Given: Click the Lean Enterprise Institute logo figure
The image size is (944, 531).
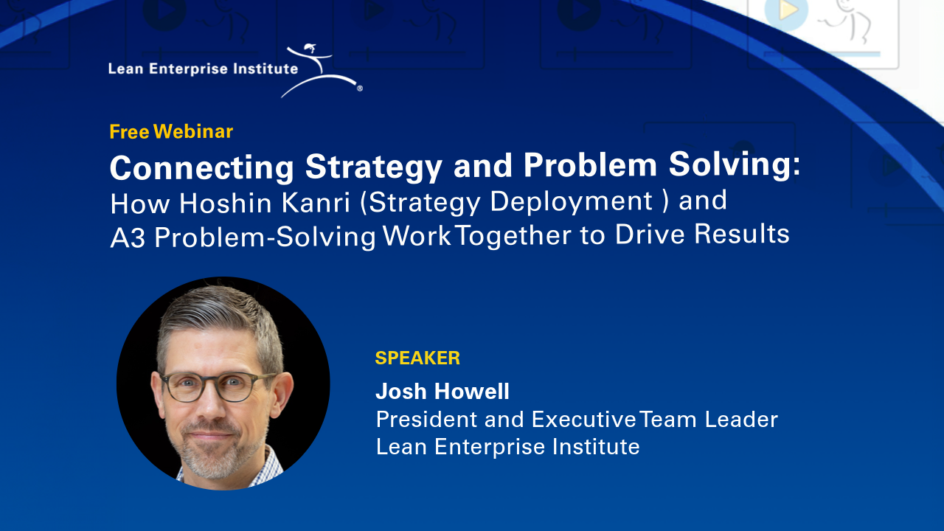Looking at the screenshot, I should pyautogui.click(x=323, y=71).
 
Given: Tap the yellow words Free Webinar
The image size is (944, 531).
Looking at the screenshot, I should pyautogui.click(x=171, y=132).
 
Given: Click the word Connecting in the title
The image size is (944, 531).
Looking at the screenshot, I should pyautogui.click(x=202, y=167).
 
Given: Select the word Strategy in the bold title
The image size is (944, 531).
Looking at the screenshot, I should pyautogui.click(x=374, y=167).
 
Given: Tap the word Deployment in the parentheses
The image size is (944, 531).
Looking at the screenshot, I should pyautogui.click(x=574, y=202).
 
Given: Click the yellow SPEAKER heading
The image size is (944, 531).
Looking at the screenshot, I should pyautogui.click(x=417, y=358).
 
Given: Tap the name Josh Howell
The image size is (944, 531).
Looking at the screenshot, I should pyautogui.click(x=442, y=391).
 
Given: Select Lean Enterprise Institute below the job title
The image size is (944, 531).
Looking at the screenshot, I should pyautogui.click(x=507, y=447).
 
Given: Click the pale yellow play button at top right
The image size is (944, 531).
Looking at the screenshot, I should pyautogui.click(x=786, y=10).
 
